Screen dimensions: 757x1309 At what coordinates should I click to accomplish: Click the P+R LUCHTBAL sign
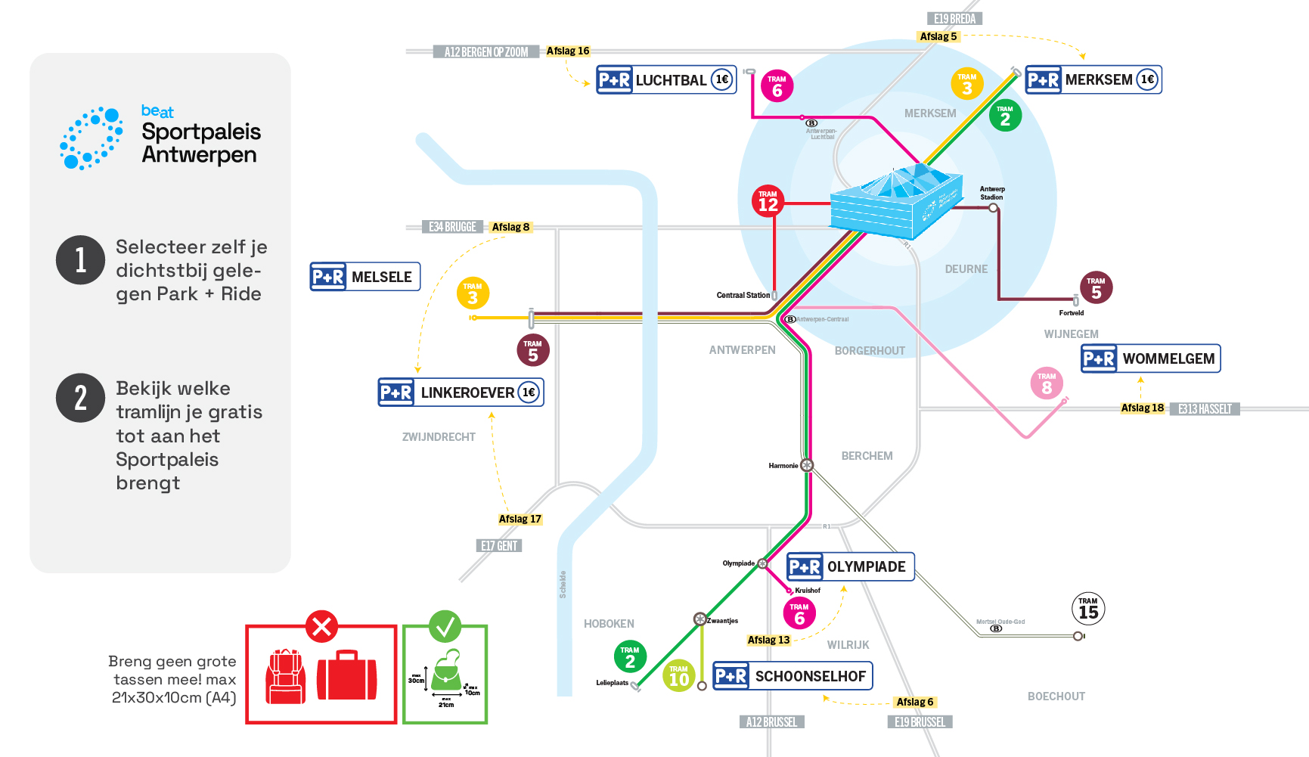click(x=666, y=79)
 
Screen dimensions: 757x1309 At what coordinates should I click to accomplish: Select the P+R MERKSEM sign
click(x=1093, y=79)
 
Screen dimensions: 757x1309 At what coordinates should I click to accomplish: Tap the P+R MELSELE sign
click(x=365, y=277)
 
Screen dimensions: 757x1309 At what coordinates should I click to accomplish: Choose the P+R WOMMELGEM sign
click(x=1150, y=358)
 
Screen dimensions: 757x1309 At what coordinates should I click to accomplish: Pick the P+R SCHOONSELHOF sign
click(x=793, y=676)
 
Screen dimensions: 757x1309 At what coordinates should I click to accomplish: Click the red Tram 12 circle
click(x=768, y=201)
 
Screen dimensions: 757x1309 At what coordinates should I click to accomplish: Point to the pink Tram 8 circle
click(x=1047, y=383)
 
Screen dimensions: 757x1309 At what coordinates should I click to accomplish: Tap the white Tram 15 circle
click(x=1088, y=609)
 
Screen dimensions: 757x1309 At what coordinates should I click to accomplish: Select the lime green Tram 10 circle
click(x=679, y=676)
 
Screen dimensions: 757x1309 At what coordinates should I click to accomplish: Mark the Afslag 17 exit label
click(x=520, y=519)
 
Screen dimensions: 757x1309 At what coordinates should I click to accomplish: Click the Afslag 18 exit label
click(x=1142, y=408)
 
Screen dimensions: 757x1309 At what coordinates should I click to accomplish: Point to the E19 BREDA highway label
click(x=954, y=19)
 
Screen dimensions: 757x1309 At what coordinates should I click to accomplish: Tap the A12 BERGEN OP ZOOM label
click(x=486, y=52)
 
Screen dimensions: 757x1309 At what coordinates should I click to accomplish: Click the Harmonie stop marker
click(x=807, y=465)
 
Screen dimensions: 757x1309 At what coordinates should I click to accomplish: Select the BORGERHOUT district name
click(x=870, y=351)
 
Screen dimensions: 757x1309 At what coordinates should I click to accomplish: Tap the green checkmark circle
click(x=445, y=626)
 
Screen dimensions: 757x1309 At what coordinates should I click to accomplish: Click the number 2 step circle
click(x=80, y=398)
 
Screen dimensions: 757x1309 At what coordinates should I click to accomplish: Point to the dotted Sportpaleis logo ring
click(x=92, y=138)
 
